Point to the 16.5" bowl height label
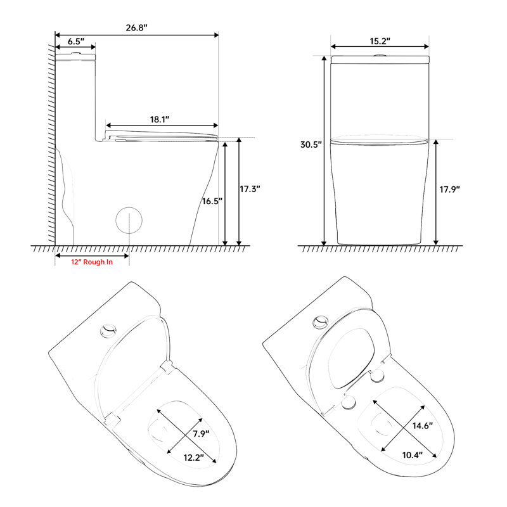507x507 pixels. tap(212, 202)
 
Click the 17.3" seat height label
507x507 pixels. tap(250, 189)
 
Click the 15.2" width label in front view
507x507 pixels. tap(379, 40)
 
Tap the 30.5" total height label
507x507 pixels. tap(311, 144)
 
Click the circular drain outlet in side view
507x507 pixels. tap(129, 220)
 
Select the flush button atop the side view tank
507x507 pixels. tap(76, 53)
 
